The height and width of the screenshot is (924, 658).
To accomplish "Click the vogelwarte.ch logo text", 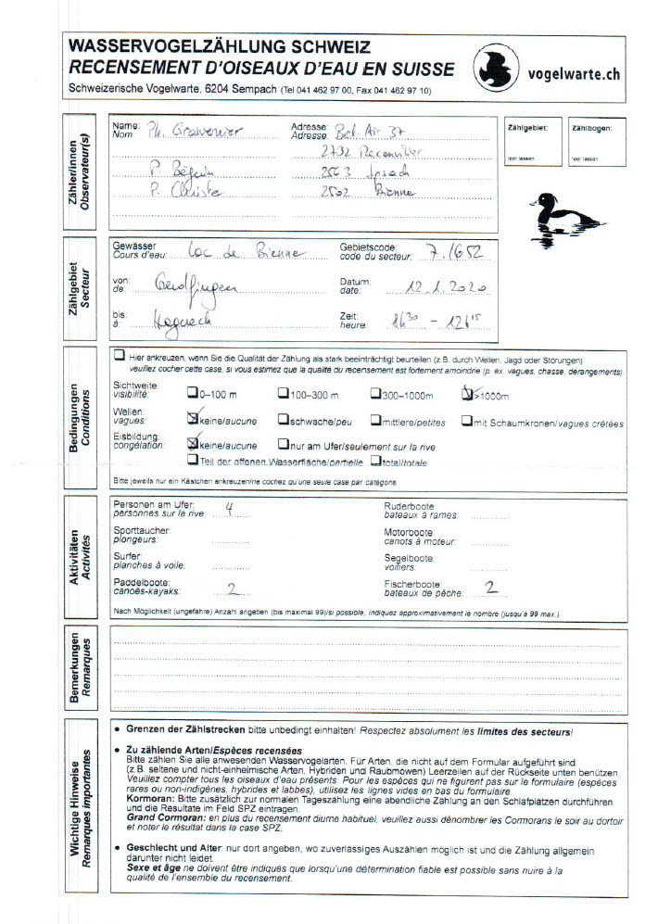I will coord(572,73).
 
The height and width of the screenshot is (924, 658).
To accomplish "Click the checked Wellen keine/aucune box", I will coord(193,419).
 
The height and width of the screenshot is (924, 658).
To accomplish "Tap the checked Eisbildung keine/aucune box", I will coord(193,443).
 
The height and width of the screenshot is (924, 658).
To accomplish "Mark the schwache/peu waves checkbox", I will coord(283,419).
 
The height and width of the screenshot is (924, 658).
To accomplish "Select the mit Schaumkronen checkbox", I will coord(467,420).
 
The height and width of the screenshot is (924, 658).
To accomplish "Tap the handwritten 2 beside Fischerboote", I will coord(491,587).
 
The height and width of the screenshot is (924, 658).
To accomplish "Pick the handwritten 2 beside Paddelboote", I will coord(232,587).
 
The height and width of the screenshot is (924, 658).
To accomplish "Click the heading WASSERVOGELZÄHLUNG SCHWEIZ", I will coord(220,46).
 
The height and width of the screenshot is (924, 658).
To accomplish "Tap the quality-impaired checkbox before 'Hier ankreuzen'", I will coord(120,356).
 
